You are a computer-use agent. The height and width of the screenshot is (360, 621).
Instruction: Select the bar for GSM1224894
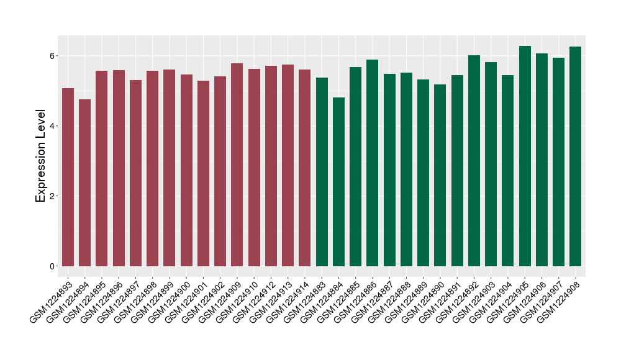(x=84, y=183)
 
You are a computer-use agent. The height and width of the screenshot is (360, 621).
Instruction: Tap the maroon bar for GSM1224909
(x=237, y=165)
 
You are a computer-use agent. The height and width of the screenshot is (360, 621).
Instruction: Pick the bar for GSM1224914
(x=305, y=168)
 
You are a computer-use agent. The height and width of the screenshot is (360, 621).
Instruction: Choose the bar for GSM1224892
(x=474, y=161)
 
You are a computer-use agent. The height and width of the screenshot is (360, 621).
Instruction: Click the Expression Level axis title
(x=41, y=156)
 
